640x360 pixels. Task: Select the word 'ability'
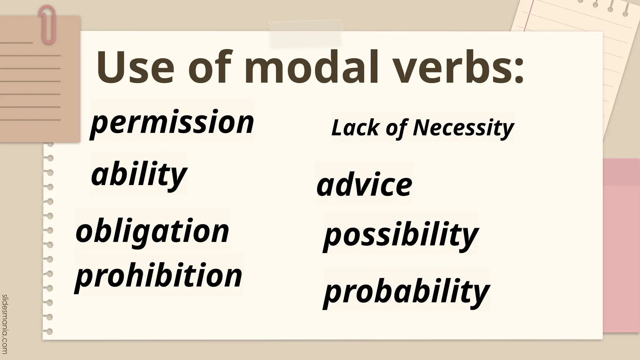point(139,174)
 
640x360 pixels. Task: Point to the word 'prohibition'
point(158,276)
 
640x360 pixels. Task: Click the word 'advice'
point(364,185)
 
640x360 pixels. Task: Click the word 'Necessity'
point(463,128)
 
